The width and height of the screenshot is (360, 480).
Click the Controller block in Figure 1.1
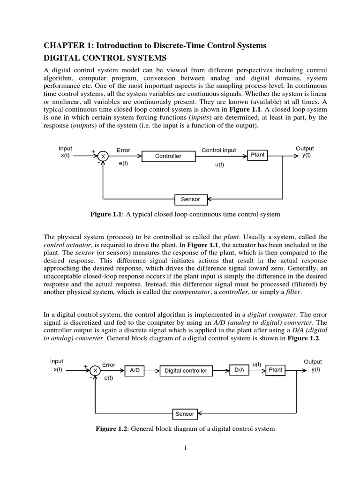[x=168, y=156]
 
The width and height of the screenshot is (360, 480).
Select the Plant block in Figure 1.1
[x=258, y=155]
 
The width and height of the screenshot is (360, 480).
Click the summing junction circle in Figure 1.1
[x=103, y=156]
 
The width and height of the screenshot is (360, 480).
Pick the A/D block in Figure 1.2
[x=135, y=370]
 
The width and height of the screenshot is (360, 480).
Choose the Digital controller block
[x=186, y=370]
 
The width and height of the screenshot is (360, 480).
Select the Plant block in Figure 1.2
[x=275, y=370]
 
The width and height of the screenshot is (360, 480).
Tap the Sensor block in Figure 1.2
[x=184, y=414]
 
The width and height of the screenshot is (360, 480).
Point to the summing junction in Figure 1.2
[x=95, y=370]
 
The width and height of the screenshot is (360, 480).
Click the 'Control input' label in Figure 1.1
[x=219, y=150]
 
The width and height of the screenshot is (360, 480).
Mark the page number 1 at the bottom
[x=185, y=449]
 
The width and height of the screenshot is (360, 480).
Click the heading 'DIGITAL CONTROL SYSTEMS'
[x=105, y=58]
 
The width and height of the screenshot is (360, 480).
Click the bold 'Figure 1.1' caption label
[x=106, y=214]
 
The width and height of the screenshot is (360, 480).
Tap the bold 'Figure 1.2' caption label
[x=112, y=428]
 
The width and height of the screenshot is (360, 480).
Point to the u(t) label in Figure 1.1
[x=219, y=165]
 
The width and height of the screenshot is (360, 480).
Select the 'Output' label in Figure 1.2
[x=313, y=361]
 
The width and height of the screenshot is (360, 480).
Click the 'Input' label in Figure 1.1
[x=65, y=148]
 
